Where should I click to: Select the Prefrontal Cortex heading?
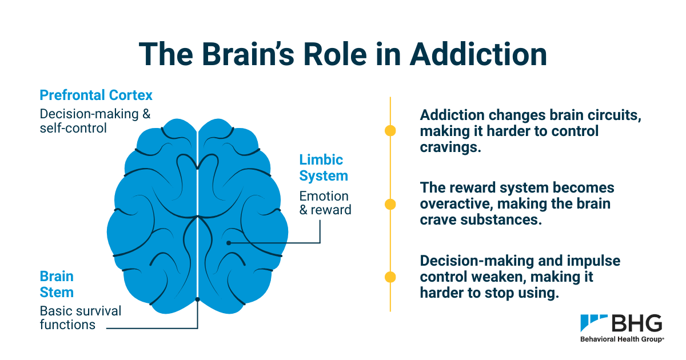96,95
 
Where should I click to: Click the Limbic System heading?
324,167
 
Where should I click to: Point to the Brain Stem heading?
57,284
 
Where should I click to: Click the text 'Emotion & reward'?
325,203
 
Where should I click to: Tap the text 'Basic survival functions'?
81,318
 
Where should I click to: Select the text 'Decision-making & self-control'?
95,121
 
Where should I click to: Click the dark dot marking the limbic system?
229,243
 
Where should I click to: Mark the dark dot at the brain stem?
197,299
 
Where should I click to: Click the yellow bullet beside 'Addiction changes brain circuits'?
390,130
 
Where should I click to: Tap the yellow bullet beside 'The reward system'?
390,204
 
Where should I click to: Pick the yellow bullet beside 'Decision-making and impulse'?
390,278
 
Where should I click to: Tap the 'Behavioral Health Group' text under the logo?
622,339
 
